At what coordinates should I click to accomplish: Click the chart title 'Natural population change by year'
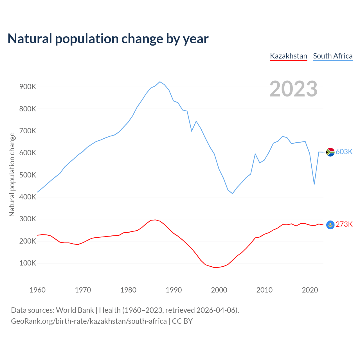tap(108, 39)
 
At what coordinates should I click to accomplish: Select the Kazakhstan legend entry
tap(288, 56)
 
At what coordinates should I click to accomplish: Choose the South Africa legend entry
tap(333, 56)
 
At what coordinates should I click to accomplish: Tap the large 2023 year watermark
tap(293, 89)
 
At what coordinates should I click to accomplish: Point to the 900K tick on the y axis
tap(28, 87)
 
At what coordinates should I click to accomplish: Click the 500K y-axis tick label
tap(28, 175)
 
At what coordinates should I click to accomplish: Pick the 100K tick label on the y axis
tap(28, 263)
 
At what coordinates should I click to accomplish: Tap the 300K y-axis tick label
tap(28, 219)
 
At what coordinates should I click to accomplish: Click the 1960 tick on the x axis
tap(37, 290)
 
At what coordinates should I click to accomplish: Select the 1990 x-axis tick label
tap(174, 290)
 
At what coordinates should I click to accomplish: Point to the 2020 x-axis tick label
tap(310, 290)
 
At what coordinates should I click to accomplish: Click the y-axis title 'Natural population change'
tap(12, 174)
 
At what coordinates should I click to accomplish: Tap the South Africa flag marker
tap(330, 152)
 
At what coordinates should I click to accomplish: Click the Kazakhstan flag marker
tap(330, 225)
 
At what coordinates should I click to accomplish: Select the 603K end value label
tap(344, 152)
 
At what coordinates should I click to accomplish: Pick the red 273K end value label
tap(344, 224)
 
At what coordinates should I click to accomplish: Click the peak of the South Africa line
tap(160, 82)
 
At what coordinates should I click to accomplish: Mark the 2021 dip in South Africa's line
tap(314, 184)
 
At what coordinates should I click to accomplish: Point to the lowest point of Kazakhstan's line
tap(214, 267)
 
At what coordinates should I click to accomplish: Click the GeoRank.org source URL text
tap(89, 321)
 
